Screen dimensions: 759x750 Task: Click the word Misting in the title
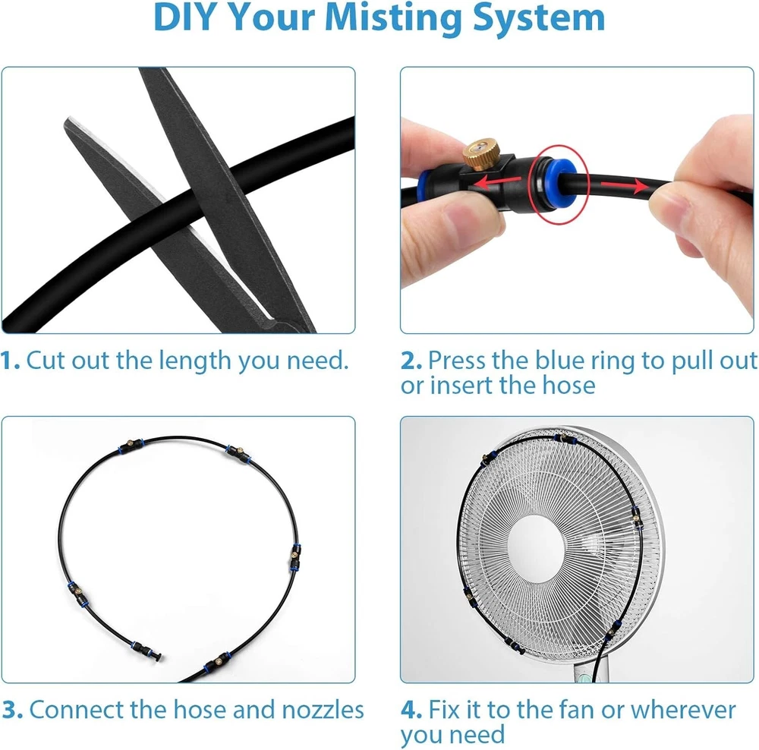pos(393,18)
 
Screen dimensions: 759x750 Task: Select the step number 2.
pos(411,361)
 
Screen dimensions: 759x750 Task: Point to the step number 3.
pos(12,710)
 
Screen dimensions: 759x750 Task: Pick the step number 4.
pos(411,710)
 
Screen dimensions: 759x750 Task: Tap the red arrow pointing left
pos(497,182)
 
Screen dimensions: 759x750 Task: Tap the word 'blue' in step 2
pos(561,361)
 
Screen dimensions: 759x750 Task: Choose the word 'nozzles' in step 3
pos(323,710)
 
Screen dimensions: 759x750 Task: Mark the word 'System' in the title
pos(539,18)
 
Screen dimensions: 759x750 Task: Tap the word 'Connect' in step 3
pos(77,710)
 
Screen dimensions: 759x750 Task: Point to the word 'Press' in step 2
pos(458,361)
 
